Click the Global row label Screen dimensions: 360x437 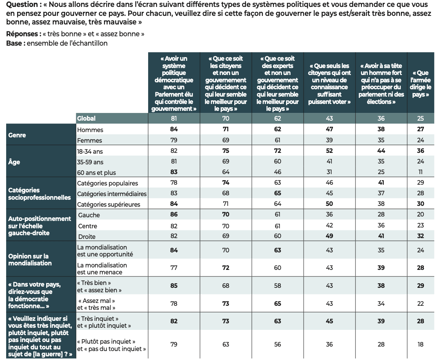(86, 118)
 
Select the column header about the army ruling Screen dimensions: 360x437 (421, 84)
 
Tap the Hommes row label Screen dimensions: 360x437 (90, 130)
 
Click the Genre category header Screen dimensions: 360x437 (17, 135)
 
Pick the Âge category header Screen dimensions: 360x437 (15, 162)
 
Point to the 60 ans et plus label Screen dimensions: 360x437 (97, 172)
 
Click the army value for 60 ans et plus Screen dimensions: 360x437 (421, 172)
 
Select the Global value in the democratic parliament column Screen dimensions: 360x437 (173, 118)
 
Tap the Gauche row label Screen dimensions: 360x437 (89, 215)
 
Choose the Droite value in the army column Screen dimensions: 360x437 (421, 236)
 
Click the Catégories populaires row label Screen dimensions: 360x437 (108, 183)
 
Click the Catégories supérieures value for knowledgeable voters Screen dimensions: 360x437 (329, 204)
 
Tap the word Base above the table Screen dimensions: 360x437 (14, 43)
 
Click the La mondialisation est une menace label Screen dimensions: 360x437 (102, 268)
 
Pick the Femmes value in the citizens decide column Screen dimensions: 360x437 (226, 140)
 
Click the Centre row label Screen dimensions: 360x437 (87, 225)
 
